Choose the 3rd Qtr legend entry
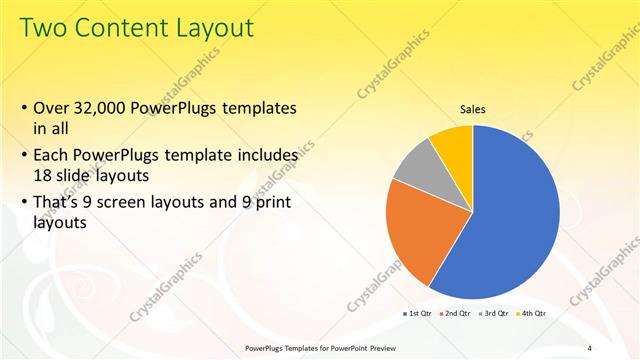tap(494, 313)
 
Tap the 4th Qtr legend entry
tap(531, 313)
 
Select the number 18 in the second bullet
tap(44, 174)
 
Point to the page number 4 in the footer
tap(590, 348)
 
